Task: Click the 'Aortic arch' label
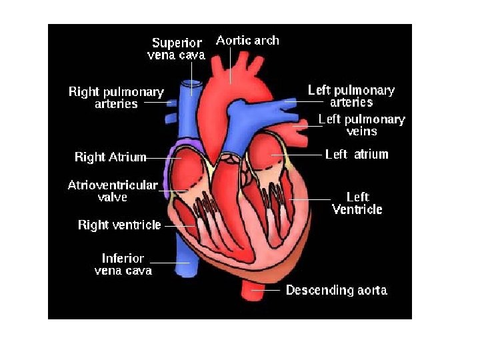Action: pyautogui.click(x=247, y=41)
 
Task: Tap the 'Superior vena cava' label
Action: pyautogui.click(x=177, y=49)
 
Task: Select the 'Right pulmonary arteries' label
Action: pyautogui.click(x=116, y=97)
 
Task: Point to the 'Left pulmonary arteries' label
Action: pyautogui.click(x=351, y=96)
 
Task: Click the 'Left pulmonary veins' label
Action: pyautogui.click(x=361, y=125)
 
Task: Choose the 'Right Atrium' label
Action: pyautogui.click(x=110, y=157)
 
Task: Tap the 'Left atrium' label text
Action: pyautogui.click(x=357, y=155)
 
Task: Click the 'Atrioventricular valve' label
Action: pyautogui.click(x=113, y=191)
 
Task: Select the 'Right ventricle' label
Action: pyautogui.click(x=119, y=225)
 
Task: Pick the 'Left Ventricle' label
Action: pyautogui.click(x=357, y=203)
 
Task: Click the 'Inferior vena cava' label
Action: pyautogui.click(x=123, y=264)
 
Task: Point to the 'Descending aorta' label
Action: pyautogui.click(x=337, y=290)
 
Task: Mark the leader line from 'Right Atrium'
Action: pyautogui.click(x=157, y=158)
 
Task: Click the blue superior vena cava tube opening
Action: pyautogui.click(x=193, y=85)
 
